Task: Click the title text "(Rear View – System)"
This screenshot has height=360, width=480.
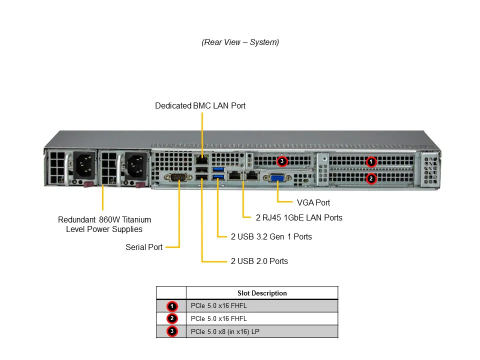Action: [x=240, y=42]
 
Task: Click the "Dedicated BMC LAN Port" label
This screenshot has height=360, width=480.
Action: [x=200, y=106]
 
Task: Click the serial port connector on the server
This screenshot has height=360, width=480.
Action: [x=178, y=178]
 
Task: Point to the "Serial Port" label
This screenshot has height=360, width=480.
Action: [x=144, y=247]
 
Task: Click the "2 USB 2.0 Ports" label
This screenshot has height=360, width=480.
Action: [x=259, y=261]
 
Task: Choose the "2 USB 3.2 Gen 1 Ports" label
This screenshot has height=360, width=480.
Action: [x=271, y=236]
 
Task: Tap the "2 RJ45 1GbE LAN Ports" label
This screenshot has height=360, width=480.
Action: [x=299, y=217]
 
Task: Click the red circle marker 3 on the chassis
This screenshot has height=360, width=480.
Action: [x=282, y=161]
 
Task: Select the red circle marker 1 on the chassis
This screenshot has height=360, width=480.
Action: [x=371, y=161]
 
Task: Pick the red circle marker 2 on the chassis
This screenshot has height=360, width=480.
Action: [x=371, y=178]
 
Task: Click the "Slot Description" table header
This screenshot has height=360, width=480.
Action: [x=262, y=293]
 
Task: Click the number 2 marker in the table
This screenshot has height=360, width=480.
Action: [x=171, y=318]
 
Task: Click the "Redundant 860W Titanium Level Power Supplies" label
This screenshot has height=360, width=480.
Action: [x=104, y=224]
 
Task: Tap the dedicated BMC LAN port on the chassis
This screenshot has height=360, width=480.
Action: [x=201, y=160]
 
